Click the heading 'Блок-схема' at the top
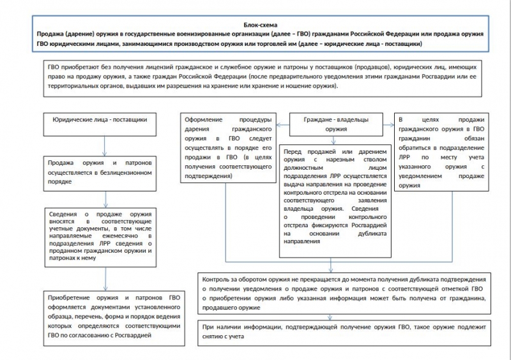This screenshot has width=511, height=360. tap(255, 23)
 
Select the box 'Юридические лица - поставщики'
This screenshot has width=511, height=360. tap(100, 119)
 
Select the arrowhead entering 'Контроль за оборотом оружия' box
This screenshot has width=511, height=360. tap(331, 268)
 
